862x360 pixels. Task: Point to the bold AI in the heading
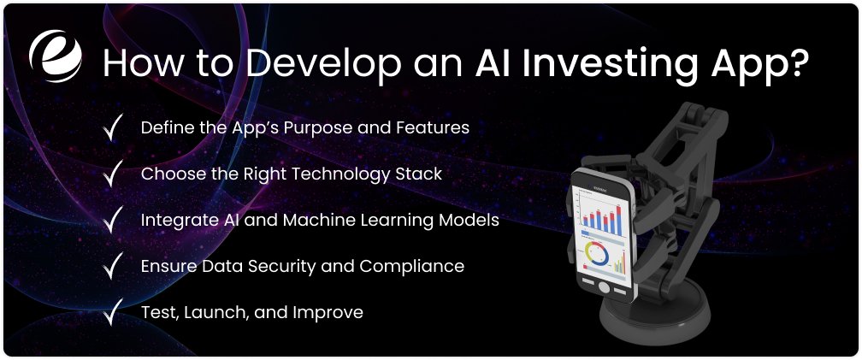[x=493, y=64]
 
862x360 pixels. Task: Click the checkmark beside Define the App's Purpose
[x=112, y=128]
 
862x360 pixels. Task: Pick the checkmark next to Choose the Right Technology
[x=112, y=174]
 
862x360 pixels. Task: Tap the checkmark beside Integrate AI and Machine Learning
[x=112, y=221]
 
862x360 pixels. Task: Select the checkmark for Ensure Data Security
[x=112, y=267]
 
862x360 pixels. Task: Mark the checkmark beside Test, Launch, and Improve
[x=112, y=313]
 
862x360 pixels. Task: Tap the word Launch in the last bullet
[x=211, y=313]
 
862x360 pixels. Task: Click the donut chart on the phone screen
[x=597, y=253]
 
